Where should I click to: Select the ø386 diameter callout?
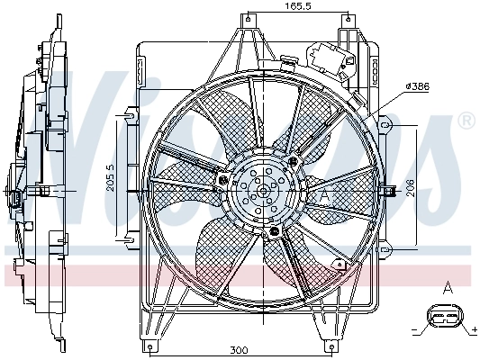pos(419,86)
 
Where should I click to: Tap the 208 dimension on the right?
pos(433,186)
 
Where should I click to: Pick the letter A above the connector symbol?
pos(447,288)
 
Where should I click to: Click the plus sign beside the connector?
pos(472,328)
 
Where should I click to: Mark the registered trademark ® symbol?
pos(466,121)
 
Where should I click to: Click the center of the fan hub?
pos(262,189)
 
